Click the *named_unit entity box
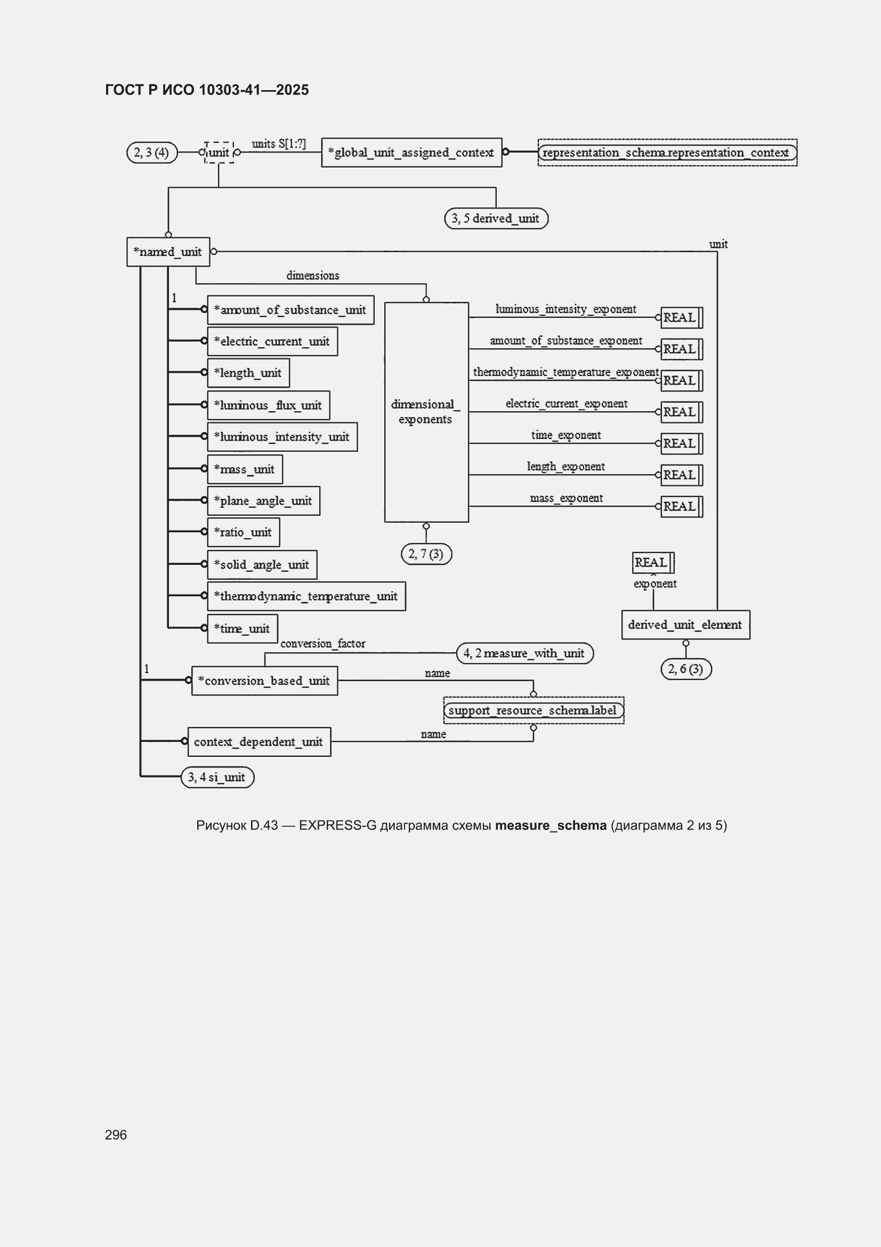click(168, 251)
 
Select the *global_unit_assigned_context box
click(411, 153)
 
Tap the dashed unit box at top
click(219, 153)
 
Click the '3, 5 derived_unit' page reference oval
click(496, 218)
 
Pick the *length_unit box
click(248, 373)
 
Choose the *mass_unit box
click(245, 469)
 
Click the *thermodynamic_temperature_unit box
click(306, 596)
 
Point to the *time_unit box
click(243, 628)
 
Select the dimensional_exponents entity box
click(426, 412)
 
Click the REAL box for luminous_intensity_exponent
click(681, 318)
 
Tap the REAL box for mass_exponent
click(681, 507)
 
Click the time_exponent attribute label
click(565, 435)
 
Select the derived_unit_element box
click(685, 625)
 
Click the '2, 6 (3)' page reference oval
click(685, 669)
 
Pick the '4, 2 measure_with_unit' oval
click(524, 653)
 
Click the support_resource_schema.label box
click(534, 710)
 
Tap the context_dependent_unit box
click(259, 742)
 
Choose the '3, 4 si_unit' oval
click(217, 777)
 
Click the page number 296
click(116, 1134)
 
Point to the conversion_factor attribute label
click(322, 644)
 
